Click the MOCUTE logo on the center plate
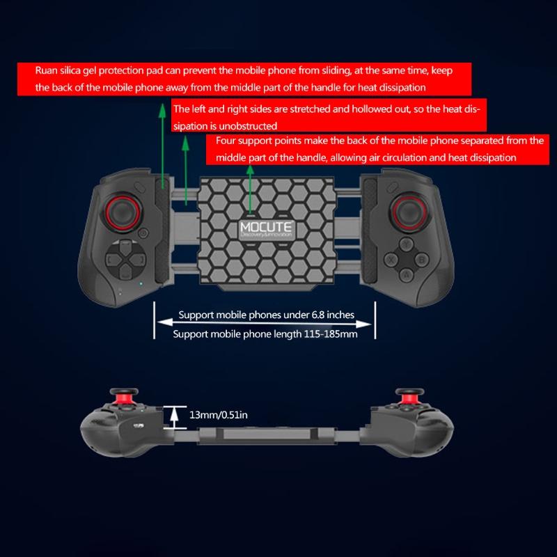266,229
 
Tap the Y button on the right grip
407,244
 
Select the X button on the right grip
391,259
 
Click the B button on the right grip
422,259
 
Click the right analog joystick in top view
409,212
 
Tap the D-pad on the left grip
125,259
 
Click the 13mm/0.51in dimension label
219,415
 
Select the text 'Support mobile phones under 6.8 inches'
267,315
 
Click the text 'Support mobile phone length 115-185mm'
265,334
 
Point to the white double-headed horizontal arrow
265,324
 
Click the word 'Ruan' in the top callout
46,70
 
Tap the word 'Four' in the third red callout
226,141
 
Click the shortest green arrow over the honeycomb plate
250,189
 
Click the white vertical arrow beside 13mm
174,417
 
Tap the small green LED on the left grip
141,284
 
